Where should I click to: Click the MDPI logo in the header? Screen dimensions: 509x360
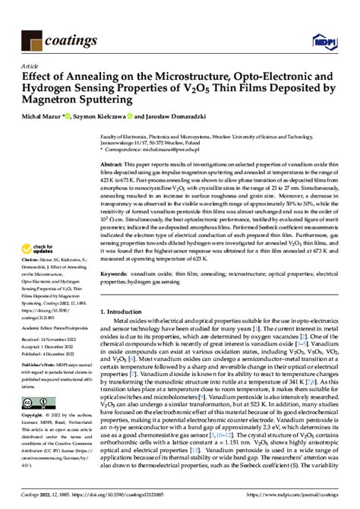pyautogui.click(x=324, y=37)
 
